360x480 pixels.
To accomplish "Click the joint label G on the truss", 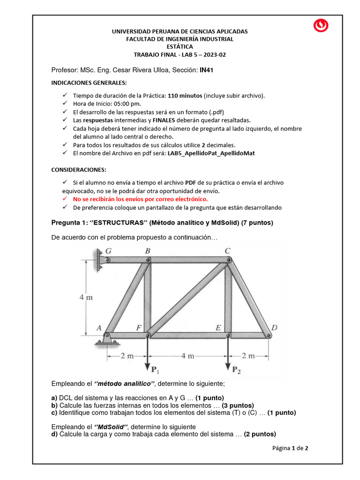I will click(109, 251).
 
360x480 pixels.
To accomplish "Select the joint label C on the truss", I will click(227, 251).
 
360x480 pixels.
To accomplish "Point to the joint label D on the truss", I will click(274, 328).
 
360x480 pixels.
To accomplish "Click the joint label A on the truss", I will click(99, 328).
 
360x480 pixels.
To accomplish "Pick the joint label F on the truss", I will click(139, 328).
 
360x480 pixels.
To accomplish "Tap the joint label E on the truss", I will click(218, 328).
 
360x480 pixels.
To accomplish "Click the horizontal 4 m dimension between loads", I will click(187, 356).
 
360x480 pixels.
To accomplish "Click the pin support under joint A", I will click(106, 342).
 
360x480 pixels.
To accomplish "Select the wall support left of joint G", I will click(100, 260).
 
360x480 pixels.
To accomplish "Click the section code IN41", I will click(207, 70).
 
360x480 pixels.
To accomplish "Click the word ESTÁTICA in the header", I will click(180, 46).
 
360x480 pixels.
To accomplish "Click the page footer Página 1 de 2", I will click(290, 448).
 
